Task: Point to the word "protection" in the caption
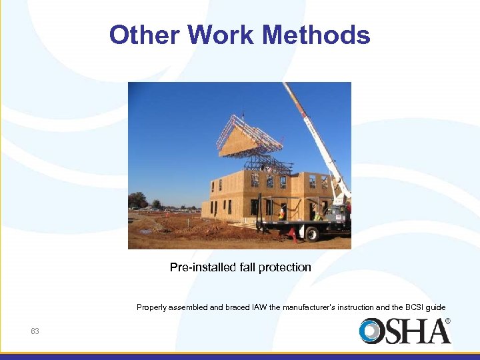285,267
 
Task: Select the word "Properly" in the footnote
151,307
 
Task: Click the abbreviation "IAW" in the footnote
257,307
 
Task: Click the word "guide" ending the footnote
436,307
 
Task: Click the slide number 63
35,331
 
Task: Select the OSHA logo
403,331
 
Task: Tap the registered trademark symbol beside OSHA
447,321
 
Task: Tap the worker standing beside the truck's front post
281,213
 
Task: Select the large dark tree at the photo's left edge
137,199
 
